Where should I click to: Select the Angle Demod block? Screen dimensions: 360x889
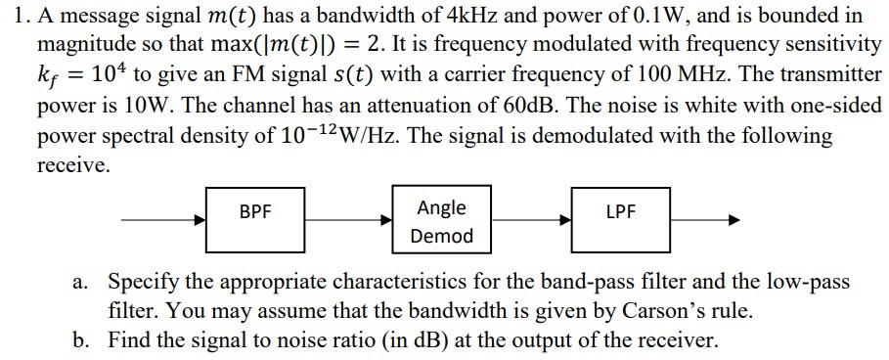[441, 221]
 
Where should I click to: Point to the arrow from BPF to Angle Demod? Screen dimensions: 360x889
[348, 221]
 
